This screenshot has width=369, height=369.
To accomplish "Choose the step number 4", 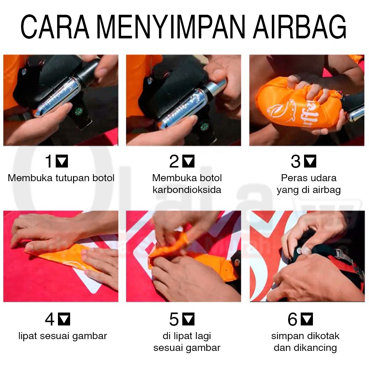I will coord(50,320).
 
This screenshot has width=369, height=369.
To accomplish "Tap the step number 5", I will coord(174,320).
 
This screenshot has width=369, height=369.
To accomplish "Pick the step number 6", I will coord(293,320).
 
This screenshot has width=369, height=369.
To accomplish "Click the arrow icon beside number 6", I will coord(307,320).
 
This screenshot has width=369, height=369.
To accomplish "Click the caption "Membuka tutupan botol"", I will coord(61,178).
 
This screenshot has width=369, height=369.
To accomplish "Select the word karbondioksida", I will coord(187,190).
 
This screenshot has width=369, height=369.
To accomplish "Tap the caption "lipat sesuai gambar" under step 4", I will coord(63,336).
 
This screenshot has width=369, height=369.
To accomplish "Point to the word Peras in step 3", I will coord(291,178).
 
